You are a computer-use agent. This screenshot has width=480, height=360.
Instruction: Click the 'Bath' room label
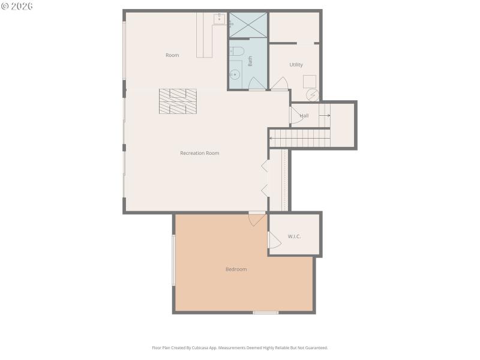pyautogui.click(x=250, y=61)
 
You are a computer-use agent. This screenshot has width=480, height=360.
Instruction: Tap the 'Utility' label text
pyautogui.click(x=296, y=65)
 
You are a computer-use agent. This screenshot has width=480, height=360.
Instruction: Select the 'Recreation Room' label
pyautogui.click(x=200, y=153)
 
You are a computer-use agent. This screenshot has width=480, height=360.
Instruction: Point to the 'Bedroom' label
pyautogui.click(x=236, y=269)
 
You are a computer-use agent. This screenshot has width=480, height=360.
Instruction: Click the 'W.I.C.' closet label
pyautogui.click(x=294, y=236)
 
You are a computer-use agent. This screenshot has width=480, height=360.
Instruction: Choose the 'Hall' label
pyautogui.click(x=304, y=116)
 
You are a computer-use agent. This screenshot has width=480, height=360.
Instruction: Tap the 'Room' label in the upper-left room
pyautogui.click(x=172, y=55)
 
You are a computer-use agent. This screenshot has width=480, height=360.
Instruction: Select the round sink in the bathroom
pyautogui.click(x=235, y=75)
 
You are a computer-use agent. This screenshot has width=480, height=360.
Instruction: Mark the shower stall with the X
pyautogui.click(x=247, y=25)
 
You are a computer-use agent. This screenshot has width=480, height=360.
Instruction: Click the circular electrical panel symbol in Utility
pyautogui.click(x=313, y=95)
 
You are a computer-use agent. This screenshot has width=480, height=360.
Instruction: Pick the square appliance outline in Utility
pyautogui.click(x=310, y=81)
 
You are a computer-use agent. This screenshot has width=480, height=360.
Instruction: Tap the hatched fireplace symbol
pyautogui.click(x=178, y=101)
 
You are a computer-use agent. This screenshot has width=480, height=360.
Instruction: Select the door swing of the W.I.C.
pyautogui.click(x=274, y=240)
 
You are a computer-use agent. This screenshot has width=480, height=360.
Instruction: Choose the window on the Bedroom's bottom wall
pyautogui.click(x=265, y=312)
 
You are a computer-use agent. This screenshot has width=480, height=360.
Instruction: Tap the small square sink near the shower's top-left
pyautogui.click(x=220, y=19)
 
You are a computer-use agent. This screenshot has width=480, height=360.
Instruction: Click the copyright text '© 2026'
pyautogui.click(x=17, y=6)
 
